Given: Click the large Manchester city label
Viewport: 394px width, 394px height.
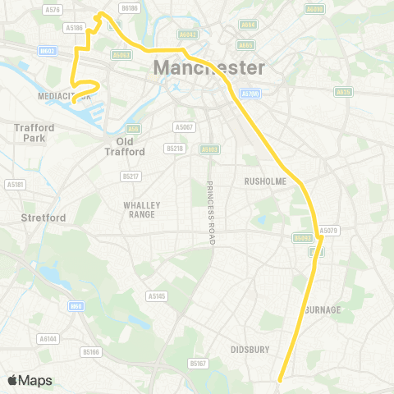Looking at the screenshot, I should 209,67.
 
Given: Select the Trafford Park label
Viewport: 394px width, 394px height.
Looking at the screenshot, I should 34,133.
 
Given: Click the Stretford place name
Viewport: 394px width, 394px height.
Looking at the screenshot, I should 38,218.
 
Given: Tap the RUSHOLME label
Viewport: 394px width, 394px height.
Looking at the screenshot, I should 263,181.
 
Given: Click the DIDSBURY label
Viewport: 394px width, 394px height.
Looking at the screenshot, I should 250,349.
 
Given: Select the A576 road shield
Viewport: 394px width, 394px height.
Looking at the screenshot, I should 53,9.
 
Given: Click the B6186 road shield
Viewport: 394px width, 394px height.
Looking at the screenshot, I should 130,7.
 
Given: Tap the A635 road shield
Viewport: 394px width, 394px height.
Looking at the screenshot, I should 343,92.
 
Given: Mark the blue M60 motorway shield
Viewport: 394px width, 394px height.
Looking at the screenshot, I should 76,306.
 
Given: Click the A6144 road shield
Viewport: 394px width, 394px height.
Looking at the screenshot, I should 48,337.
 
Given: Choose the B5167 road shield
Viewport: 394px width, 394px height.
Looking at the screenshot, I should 197,363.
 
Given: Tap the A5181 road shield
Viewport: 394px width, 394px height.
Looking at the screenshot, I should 15,185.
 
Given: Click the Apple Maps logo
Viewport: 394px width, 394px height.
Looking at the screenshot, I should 30,380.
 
